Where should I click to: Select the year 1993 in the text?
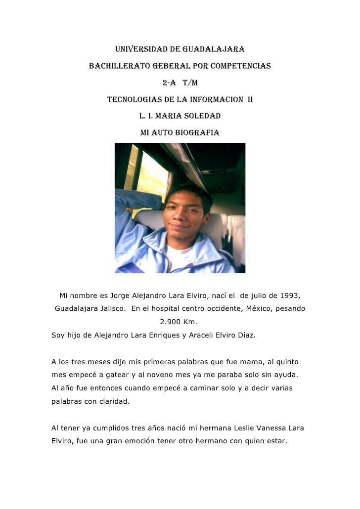(289, 296)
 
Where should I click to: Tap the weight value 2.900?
(171, 322)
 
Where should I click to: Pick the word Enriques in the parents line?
(155, 336)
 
